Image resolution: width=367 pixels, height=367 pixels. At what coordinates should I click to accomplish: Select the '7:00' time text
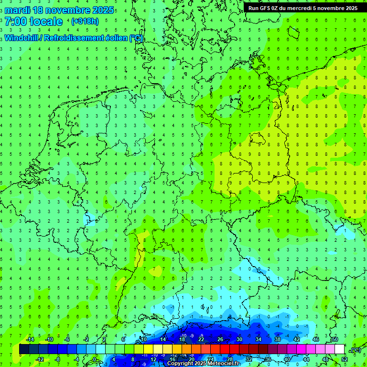tap(16, 22)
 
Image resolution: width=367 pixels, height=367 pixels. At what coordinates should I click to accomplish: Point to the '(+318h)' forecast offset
tap(85, 22)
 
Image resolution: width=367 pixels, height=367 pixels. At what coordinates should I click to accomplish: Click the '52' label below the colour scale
tap(345, 359)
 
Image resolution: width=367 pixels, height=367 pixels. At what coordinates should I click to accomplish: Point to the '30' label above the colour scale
tap(239, 339)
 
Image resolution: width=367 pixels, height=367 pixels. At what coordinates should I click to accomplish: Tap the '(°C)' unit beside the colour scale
tap(355, 349)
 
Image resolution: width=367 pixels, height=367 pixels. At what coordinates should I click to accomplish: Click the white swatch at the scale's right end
tap(339, 349)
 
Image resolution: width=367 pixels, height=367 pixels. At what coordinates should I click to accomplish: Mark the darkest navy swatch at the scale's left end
tap(24, 349)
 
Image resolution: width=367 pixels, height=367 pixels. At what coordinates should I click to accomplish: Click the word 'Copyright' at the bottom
tap(181, 364)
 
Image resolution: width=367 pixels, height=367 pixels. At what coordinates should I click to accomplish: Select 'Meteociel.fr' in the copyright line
tap(224, 364)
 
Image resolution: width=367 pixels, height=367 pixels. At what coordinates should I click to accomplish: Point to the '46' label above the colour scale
tap(315, 339)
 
